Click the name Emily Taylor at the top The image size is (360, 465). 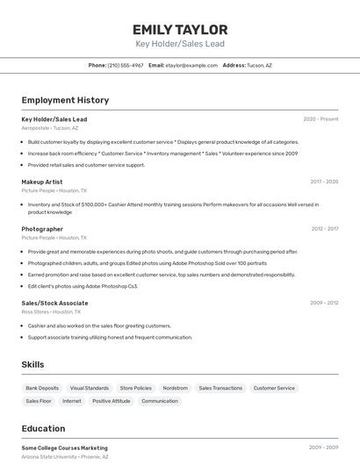(180, 29)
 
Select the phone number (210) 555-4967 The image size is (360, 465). (126, 65)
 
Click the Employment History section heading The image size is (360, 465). (65, 100)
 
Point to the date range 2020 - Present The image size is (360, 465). (320, 119)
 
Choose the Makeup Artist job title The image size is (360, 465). (42, 182)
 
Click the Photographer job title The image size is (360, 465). (42, 229)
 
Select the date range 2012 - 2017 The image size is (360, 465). (324, 229)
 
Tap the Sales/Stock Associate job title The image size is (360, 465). (54, 303)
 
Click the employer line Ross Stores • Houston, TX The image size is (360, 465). (51, 311)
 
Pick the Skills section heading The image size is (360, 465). (32, 364)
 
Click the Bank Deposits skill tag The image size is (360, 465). (42, 388)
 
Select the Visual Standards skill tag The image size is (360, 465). (90, 388)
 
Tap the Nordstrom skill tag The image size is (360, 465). (175, 388)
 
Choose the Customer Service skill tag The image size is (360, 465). (274, 388)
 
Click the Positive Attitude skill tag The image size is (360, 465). (112, 401)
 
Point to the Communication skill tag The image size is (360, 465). (160, 401)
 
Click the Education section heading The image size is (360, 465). (43, 429)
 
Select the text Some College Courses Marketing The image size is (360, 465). (65, 447)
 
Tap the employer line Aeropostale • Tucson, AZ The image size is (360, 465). (49, 128)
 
